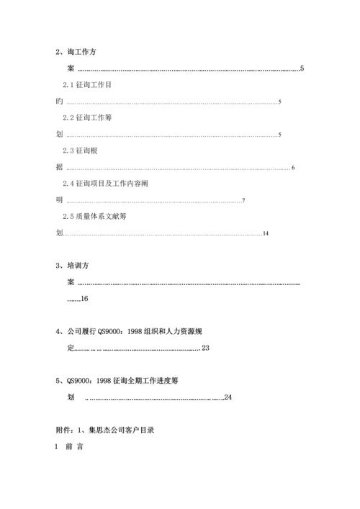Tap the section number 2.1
tap(69, 85)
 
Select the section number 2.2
tap(69, 118)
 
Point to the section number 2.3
tap(69, 150)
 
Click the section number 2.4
tap(69, 184)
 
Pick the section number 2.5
tap(69, 216)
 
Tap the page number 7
tap(244, 200)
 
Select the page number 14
tap(266, 233)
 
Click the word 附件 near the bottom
tap(63, 430)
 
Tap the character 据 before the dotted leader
tap(59, 167)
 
